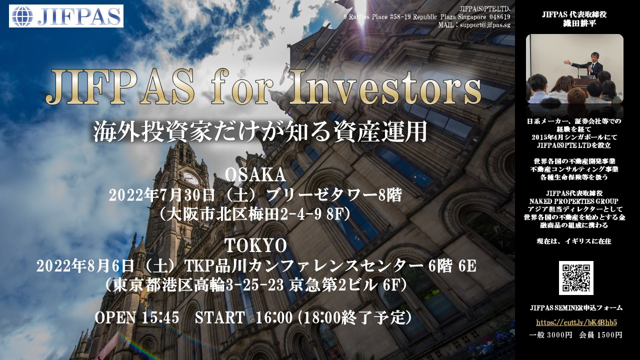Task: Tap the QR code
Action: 576,277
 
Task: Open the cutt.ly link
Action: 576,322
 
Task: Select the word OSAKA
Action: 255,174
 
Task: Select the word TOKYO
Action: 255,245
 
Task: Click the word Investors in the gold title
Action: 385,86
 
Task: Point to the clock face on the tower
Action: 190,178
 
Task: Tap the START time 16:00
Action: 274,317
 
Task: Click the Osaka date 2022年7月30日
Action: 161,195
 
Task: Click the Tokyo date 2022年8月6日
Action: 85,266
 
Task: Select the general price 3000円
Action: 559,335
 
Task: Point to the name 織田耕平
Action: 574,23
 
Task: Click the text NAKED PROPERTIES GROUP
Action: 573,201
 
